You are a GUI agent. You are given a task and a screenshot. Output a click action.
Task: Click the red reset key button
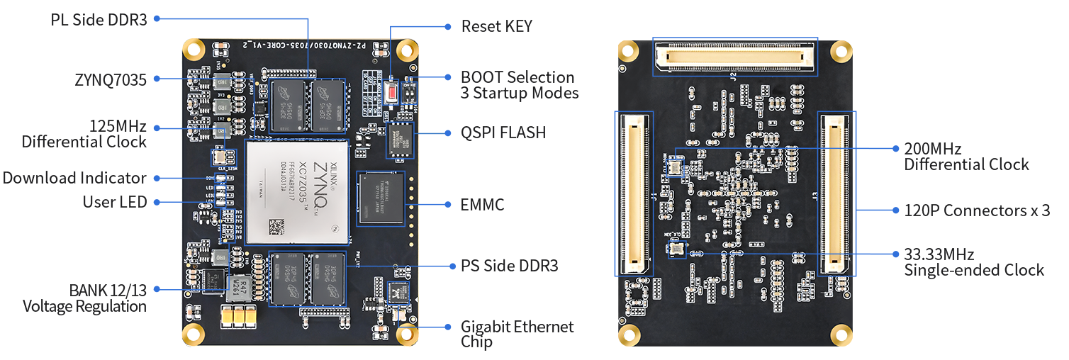(391, 92)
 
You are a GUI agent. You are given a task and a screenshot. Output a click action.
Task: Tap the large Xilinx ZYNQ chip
(296, 192)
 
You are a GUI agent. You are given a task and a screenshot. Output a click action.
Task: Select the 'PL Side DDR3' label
(99, 19)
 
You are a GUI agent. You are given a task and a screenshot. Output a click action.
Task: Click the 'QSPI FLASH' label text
(503, 133)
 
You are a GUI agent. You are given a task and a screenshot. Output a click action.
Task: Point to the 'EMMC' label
(483, 205)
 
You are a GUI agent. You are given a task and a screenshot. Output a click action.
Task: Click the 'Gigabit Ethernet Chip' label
(517, 334)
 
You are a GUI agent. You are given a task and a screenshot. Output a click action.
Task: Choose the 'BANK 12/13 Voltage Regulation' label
(84, 298)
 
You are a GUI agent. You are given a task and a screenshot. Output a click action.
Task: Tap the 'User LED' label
(115, 202)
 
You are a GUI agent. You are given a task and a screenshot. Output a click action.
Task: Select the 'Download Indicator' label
(74, 178)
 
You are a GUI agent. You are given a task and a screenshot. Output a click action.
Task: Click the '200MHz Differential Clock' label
(966, 157)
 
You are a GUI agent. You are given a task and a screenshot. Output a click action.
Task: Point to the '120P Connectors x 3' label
(976, 210)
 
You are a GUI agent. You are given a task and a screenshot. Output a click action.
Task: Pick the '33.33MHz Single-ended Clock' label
(973, 261)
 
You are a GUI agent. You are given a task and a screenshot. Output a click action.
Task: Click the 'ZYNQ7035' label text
(111, 79)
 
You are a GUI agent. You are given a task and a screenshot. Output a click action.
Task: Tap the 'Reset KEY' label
(496, 26)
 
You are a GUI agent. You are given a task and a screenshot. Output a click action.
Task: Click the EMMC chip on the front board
(382, 201)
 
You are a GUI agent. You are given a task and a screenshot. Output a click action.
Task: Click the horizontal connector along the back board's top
(734, 56)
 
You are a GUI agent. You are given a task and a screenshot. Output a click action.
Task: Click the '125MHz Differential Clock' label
(84, 134)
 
